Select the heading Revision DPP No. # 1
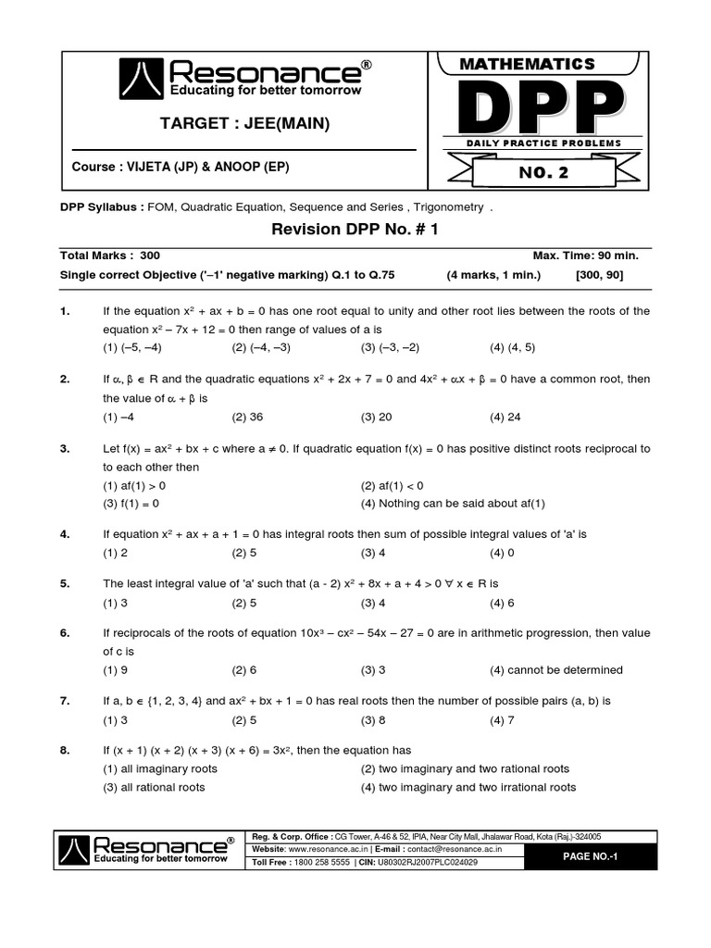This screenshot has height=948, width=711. point(355,230)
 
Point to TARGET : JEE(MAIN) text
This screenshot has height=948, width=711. point(244,124)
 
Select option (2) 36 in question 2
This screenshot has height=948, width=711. point(247,417)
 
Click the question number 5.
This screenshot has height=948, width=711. point(65,583)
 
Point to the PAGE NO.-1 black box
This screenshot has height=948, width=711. point(590,856)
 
